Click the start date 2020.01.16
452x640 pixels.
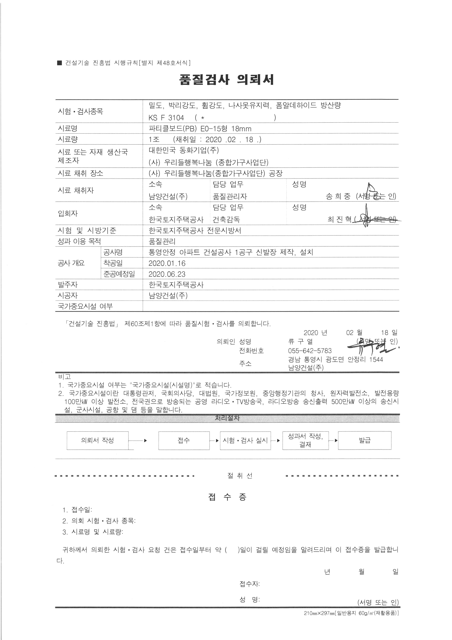pyautogui.click(x=167, y=263)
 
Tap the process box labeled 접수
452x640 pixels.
pyautogui.click(x=184, y=440)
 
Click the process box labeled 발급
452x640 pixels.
pyautogui.click(x=365, y=440)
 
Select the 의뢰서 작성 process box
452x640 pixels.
pyautogui.click(x=97, y=440)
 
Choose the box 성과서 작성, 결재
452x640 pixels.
pyautogui.click(x=305, y=440)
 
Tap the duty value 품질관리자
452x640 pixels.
pyautogui.click(x=230, y=196)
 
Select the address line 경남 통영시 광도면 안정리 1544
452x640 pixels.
pyautogui.click(x=335, y=360)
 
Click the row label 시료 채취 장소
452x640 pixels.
pyautogui.click(x=80, y=173)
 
